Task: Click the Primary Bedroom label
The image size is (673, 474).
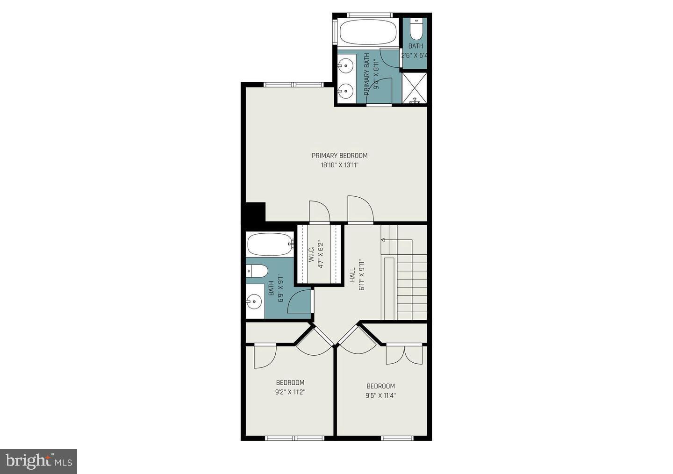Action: pos(339,156)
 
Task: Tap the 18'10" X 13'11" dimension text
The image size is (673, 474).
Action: pos(339,165)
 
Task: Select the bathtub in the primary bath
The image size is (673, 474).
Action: pos(368,32)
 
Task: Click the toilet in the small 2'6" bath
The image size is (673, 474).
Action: pos(415,29)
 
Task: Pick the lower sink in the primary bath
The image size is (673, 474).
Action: pos(346,91)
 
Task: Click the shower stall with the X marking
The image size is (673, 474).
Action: pos(414,88)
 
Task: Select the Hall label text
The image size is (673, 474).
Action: pos(352,275)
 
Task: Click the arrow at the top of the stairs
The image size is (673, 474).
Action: pos(384,240)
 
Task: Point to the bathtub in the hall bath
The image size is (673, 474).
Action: pos(270,244)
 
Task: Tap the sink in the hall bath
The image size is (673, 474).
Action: pos(254,302)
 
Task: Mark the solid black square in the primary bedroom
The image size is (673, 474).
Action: pos(255,212)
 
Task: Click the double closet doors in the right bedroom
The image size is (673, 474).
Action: pos(404,354)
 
